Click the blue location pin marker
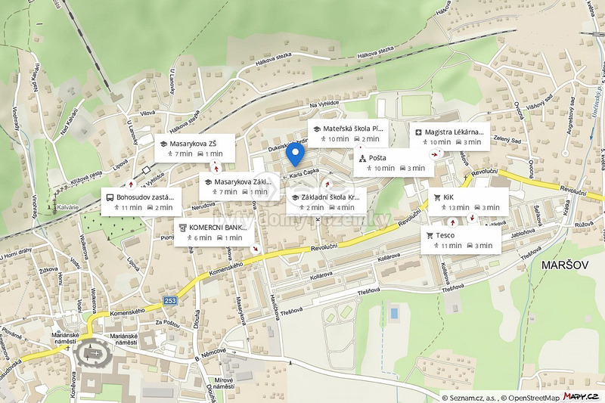coord(296,154)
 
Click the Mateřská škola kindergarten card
coord(349,134)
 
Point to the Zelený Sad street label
coord(507,139)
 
